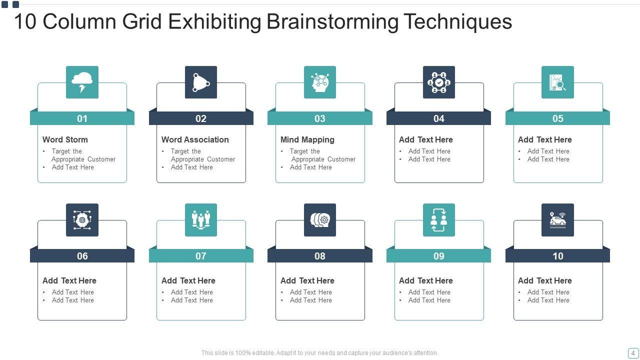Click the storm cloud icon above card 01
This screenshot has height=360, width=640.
(82, 82)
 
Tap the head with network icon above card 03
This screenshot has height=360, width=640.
(320, 82)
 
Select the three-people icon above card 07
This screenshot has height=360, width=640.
(201, 219)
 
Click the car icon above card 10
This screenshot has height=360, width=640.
(557, 219)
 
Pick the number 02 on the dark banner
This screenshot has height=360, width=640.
(201, 118)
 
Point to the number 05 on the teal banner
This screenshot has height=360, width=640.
(557, 118)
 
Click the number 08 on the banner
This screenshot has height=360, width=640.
(320, 256)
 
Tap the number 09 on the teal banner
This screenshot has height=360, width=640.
(438, 256)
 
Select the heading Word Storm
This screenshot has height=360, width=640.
(65, 139)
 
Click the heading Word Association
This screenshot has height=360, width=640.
(195, 139)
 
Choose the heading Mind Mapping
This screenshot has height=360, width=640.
(307, 139)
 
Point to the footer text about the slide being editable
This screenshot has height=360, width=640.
(320, 352)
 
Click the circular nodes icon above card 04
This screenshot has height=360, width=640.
(438, 82)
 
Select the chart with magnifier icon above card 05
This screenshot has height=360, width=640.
(557, 82)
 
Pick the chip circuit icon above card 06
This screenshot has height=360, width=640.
(82, 219)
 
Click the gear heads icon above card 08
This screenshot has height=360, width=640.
(320, 219)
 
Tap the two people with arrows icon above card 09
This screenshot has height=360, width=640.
(438, 219)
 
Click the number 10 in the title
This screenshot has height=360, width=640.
(25, 22)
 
